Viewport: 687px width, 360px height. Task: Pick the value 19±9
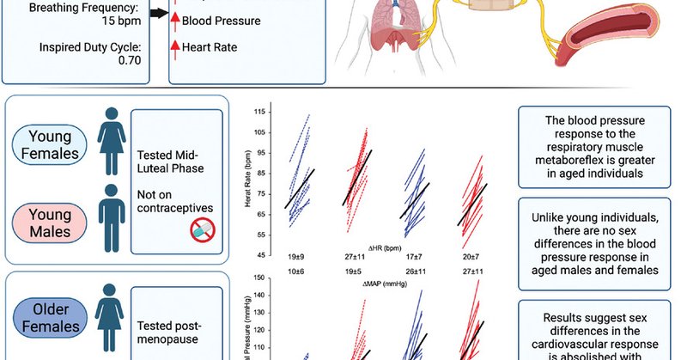tap(296, 257)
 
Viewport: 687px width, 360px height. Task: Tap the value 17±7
tap(415, 257)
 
